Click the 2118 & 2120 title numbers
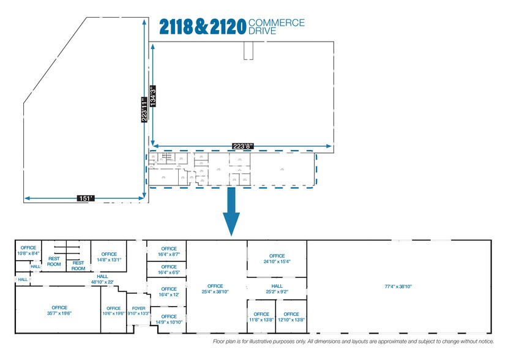tap(202, 26)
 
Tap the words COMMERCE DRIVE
tap(277, 27)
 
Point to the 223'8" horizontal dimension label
tap(242, 146)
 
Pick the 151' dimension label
tap(86, 198)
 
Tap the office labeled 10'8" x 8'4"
tap(28, 250)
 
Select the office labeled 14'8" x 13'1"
tap(109, 257)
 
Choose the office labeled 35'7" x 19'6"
tap(59, 310)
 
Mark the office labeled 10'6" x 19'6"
tap(114, 310)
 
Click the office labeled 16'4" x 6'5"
tap(169, 269)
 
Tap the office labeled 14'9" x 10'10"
tap(169, 319)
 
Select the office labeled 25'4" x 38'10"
tap(215, 289)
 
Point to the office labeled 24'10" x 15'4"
tap(277, 258)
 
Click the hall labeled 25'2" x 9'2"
tap(277, 289)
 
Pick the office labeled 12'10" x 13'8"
tap(291, 317)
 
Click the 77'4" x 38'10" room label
tap(398, 286)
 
